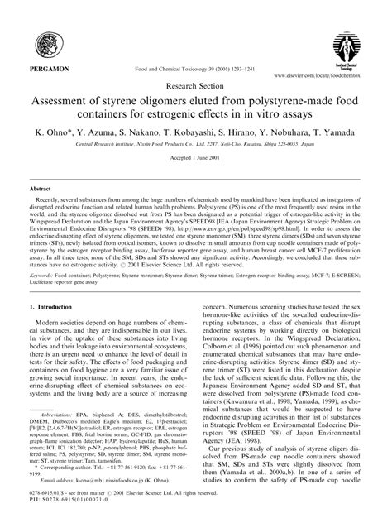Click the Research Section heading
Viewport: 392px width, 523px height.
click(196, 84)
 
